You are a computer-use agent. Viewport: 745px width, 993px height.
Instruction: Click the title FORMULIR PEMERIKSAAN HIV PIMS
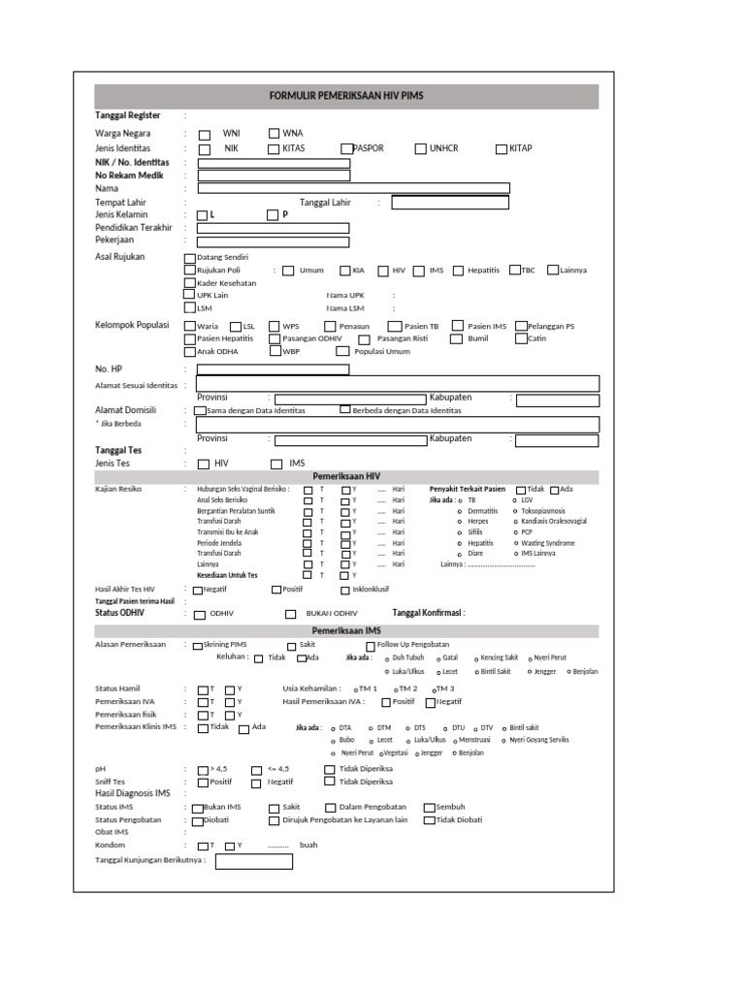tap(345, 96)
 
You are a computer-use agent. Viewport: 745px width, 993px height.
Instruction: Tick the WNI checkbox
tap(205, 134)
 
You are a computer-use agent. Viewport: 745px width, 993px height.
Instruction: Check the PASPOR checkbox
tap(346, 148)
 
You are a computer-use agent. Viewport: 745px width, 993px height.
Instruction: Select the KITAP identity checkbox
tap(502, 148)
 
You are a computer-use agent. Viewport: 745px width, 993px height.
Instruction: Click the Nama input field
tap(353, 188)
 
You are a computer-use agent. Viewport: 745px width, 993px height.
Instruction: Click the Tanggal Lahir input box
tap(450, 203)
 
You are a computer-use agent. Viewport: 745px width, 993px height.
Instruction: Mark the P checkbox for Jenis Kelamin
tap(274, 214)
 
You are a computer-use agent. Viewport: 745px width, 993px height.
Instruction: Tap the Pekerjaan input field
tap(274, 240)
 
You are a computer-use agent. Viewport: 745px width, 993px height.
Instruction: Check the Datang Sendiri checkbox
tap(189, 257)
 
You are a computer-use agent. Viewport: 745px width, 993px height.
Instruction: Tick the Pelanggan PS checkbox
tap(521, 327)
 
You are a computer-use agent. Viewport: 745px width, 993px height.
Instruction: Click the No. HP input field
tap(274, 369)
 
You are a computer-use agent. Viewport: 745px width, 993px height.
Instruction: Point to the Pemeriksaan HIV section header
tap(345, 477)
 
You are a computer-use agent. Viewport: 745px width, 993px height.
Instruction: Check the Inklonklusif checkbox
tap(345, 590)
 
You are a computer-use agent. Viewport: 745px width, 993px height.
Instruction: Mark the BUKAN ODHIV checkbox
tap(290, 614)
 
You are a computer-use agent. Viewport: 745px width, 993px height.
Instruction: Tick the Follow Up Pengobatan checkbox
tap(371, 646)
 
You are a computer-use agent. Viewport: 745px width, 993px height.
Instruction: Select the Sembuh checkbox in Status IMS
tap(429, 807)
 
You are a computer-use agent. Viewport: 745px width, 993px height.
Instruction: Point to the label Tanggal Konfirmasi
tap(428, 613)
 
